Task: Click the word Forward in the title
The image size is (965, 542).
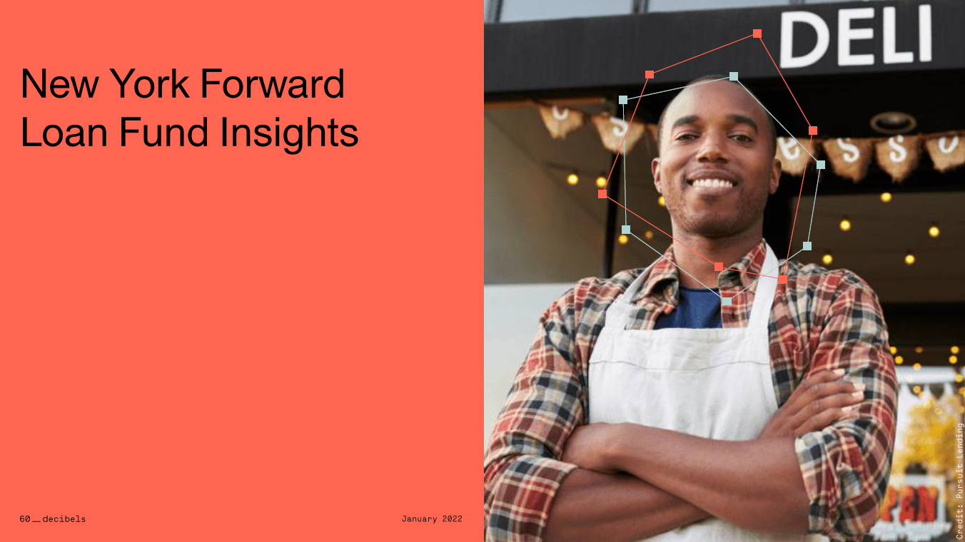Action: click(x=272, y=84)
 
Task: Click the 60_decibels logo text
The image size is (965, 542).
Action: click(x=52, y=519)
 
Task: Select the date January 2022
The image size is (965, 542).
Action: click(x=432, y=519)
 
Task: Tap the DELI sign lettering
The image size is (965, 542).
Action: click(x=855, y=36)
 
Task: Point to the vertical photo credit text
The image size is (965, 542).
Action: click(x=959, y=480)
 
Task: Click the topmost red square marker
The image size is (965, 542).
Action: click(x=757, y=34)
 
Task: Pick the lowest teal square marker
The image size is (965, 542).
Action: click(x=727, y=301)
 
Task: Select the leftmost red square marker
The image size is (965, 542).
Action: click(x=602, y=193)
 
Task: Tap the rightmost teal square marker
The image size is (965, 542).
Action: click(x=821, y=165)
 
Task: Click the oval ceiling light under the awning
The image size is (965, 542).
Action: click(x=892, y=123)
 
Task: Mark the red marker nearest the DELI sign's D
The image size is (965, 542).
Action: click(x=757, y=34)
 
